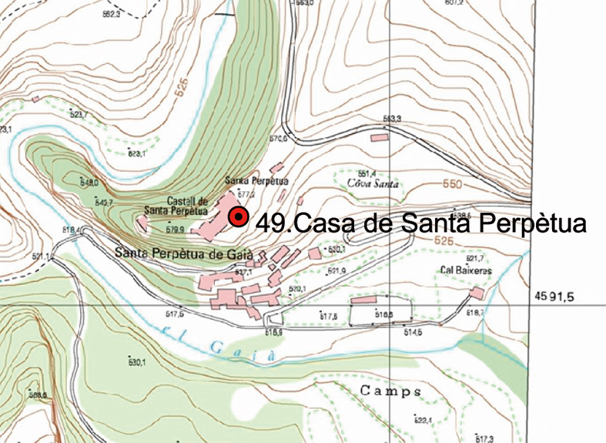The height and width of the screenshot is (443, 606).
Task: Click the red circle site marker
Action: pyautogui.click(x=238, y=218)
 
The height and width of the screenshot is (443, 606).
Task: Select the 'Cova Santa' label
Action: pyautogui.click(x=373, y=183)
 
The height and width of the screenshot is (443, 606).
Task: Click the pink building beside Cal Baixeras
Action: pyautogui.click(x=477, y=294)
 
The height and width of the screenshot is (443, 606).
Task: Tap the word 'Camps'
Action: pyautogui.click(x=391, y=391)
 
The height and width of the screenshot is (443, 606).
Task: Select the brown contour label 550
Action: pyautogui.click(x=453, y=185)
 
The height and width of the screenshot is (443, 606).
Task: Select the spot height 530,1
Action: pyautogui.click(x=136, y=361)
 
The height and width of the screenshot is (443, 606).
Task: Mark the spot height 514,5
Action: pyautogui.click(x=413, y=332)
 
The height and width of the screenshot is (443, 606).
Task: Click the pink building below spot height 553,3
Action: pyautogui.click(x=379, y=137)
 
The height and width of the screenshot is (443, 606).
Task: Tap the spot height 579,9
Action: pyautogui.click(x=174, y=230)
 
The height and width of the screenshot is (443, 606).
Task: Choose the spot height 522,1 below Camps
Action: pyautogui.click(x=423, y=420)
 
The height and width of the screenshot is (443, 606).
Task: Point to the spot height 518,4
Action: pyautogui.click(x=71, y=230)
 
